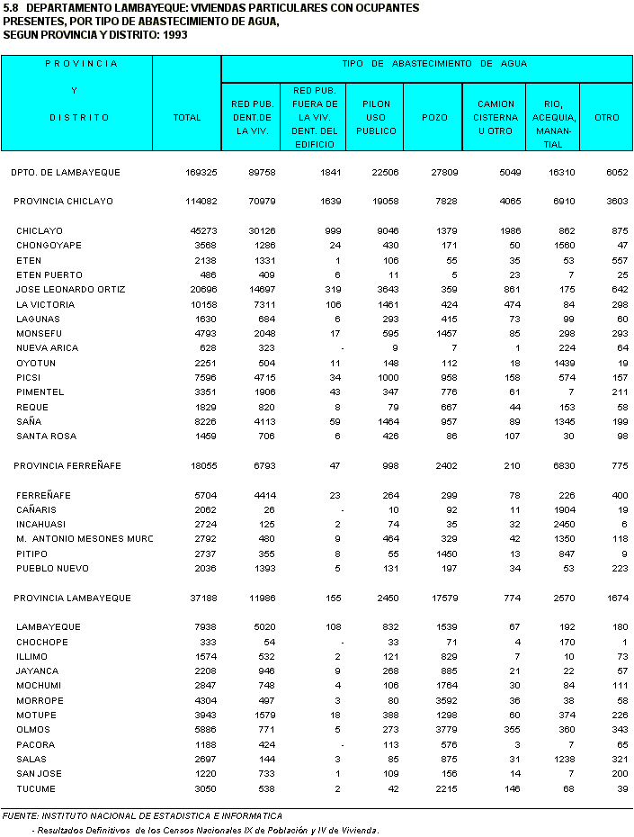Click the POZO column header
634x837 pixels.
pos(434,118)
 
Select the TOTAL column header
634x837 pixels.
pos(186,118)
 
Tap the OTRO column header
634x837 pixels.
pos(607,118)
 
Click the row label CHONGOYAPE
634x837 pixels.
pos(49,246)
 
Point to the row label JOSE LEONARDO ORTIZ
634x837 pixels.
pos(70,290)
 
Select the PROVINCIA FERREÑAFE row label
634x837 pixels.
pos(67,466)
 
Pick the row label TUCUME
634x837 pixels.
pos(36,788)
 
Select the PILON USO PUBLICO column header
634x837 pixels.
pos(376,118)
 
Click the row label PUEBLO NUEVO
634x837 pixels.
pos(50,569)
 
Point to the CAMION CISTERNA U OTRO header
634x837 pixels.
pos(496,118)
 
